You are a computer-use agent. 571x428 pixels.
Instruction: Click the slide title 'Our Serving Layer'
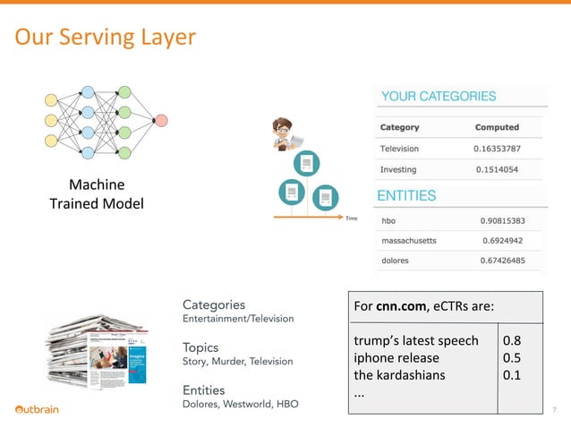point(105,38)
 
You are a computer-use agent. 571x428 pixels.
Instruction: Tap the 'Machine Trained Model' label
point(97,194)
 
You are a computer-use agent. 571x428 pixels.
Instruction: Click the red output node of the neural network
point(162,120)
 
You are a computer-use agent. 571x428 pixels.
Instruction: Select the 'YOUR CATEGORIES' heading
point(439,96)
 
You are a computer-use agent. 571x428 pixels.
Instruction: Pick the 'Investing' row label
point(400,169)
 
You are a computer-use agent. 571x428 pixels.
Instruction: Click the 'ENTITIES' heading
point(408,195)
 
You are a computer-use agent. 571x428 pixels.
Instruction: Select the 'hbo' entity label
point(389,219)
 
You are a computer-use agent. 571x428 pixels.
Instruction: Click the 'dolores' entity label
point(396,261)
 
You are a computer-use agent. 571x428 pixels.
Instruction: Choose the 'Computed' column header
point(497,127)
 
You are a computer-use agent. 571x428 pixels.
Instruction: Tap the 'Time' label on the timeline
point(352,218)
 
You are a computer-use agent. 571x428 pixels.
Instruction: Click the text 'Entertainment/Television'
point(237,318)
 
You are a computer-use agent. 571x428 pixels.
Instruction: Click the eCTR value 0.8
point(513,340)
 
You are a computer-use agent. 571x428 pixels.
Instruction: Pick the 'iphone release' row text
point(396,357)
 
